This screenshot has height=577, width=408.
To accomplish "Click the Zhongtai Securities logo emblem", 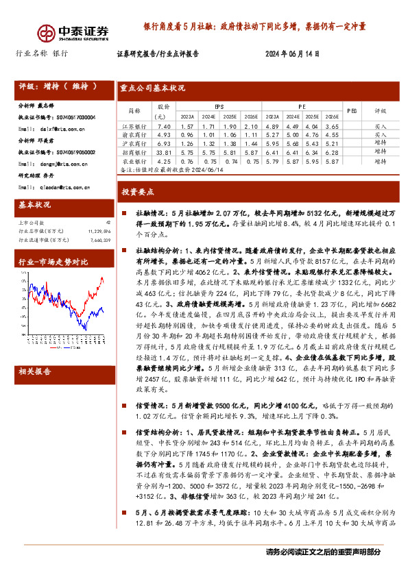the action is [46, 32].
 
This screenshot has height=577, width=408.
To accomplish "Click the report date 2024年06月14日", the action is [292, 53].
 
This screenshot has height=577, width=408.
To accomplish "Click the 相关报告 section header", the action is [35, 371].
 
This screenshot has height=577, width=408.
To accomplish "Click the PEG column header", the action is [350, 110].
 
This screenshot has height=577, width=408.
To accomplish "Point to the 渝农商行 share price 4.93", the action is [163, 135].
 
